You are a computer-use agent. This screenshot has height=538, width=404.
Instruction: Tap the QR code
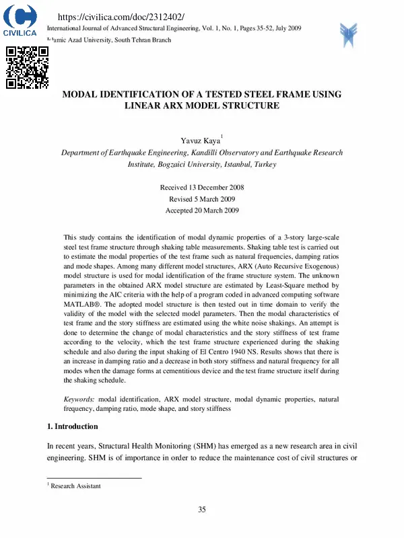pyautogui.click(x=27, y=67)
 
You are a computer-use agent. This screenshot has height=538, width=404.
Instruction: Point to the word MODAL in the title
pyautogui.click(x=82, y=94)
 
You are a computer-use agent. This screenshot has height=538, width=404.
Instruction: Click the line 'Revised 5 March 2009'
pyautogui.click(x=201, y=198)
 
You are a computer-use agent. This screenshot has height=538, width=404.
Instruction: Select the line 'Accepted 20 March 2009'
pyautogui.click(x=201, y=210)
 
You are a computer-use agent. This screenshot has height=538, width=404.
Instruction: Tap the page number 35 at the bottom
pyautogui.click(x=201, y=509)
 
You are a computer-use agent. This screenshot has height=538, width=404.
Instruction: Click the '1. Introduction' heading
pyautogui.click(x=72, y=426)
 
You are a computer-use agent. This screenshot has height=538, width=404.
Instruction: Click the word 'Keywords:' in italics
pyautogui.click(x=79, y=399)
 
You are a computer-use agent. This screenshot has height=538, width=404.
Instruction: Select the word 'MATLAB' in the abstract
pyautogui.click(x=80, y=304)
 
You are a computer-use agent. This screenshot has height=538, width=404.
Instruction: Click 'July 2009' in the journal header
pyautogui.click(x=286, y=28)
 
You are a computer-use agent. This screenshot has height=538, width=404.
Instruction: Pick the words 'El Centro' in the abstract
pyautogui.click(x=232, y=351)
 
